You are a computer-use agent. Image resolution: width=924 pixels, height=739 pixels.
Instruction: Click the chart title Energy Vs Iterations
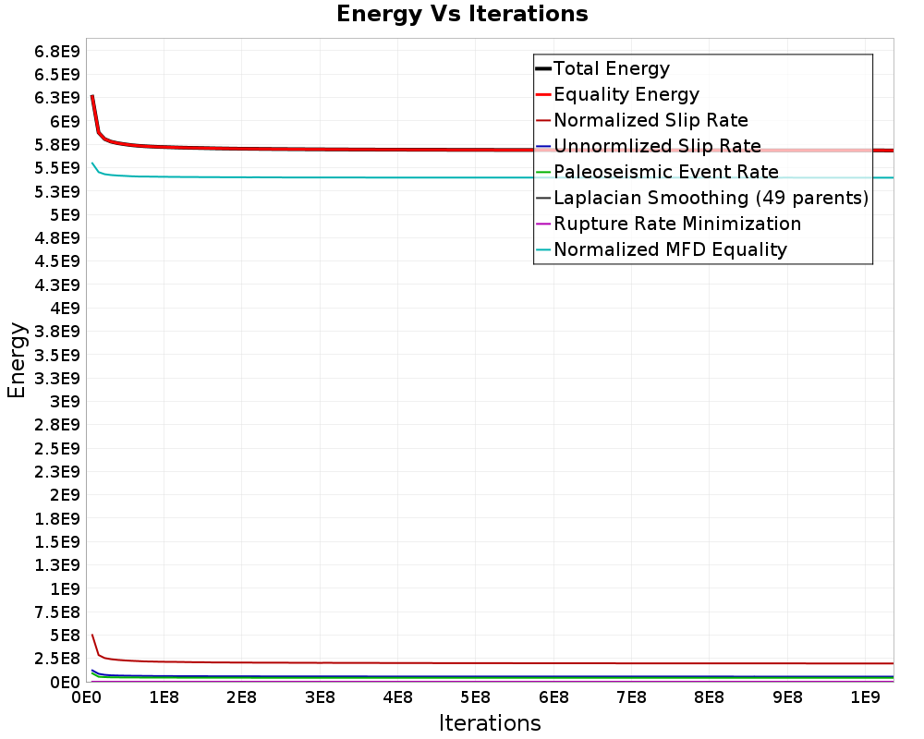pyautogui.click(x=462, y=14)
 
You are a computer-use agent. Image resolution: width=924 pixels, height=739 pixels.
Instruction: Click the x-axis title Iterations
pyautogui.click(x=490, y=722)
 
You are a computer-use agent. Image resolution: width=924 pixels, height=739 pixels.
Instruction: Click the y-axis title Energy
pyautogui.click(x=16, y=359)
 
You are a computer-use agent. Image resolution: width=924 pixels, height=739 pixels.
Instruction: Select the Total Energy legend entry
pyautogui.click(x=611, y=68)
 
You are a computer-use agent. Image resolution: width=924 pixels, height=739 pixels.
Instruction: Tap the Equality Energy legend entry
pyautogui.click(x=626, y=94)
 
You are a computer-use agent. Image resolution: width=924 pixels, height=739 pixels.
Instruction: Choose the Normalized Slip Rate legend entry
pyautogui.click(x=650, y=120)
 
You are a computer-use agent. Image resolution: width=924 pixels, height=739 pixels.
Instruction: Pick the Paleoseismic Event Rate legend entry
pyautogui.click(x=665, y=172)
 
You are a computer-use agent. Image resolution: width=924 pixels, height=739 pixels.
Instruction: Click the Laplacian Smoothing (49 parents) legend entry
pyautogui.click(x=711, y=198)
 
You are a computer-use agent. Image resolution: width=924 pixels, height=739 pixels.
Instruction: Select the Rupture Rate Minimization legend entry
pyautogui.click(x=676, y=224)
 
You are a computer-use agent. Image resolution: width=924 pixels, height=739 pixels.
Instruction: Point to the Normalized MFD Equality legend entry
pyautogui.click(x=670, y=249)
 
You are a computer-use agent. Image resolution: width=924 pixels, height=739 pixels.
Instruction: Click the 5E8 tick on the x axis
pyautogui.click(x=475, y=695)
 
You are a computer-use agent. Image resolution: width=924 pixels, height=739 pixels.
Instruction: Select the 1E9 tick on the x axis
pyautogui.click(x=864, y=695)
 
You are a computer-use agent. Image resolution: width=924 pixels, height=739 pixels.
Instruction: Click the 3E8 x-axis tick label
pyautogui.click(x=319, y=695)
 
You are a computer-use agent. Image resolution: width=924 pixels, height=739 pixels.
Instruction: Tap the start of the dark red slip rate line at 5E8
pyautogui.click(x=92, y=636)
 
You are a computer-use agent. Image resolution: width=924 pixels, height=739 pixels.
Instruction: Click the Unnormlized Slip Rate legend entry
pyautogui.click(x=657, y=146)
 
